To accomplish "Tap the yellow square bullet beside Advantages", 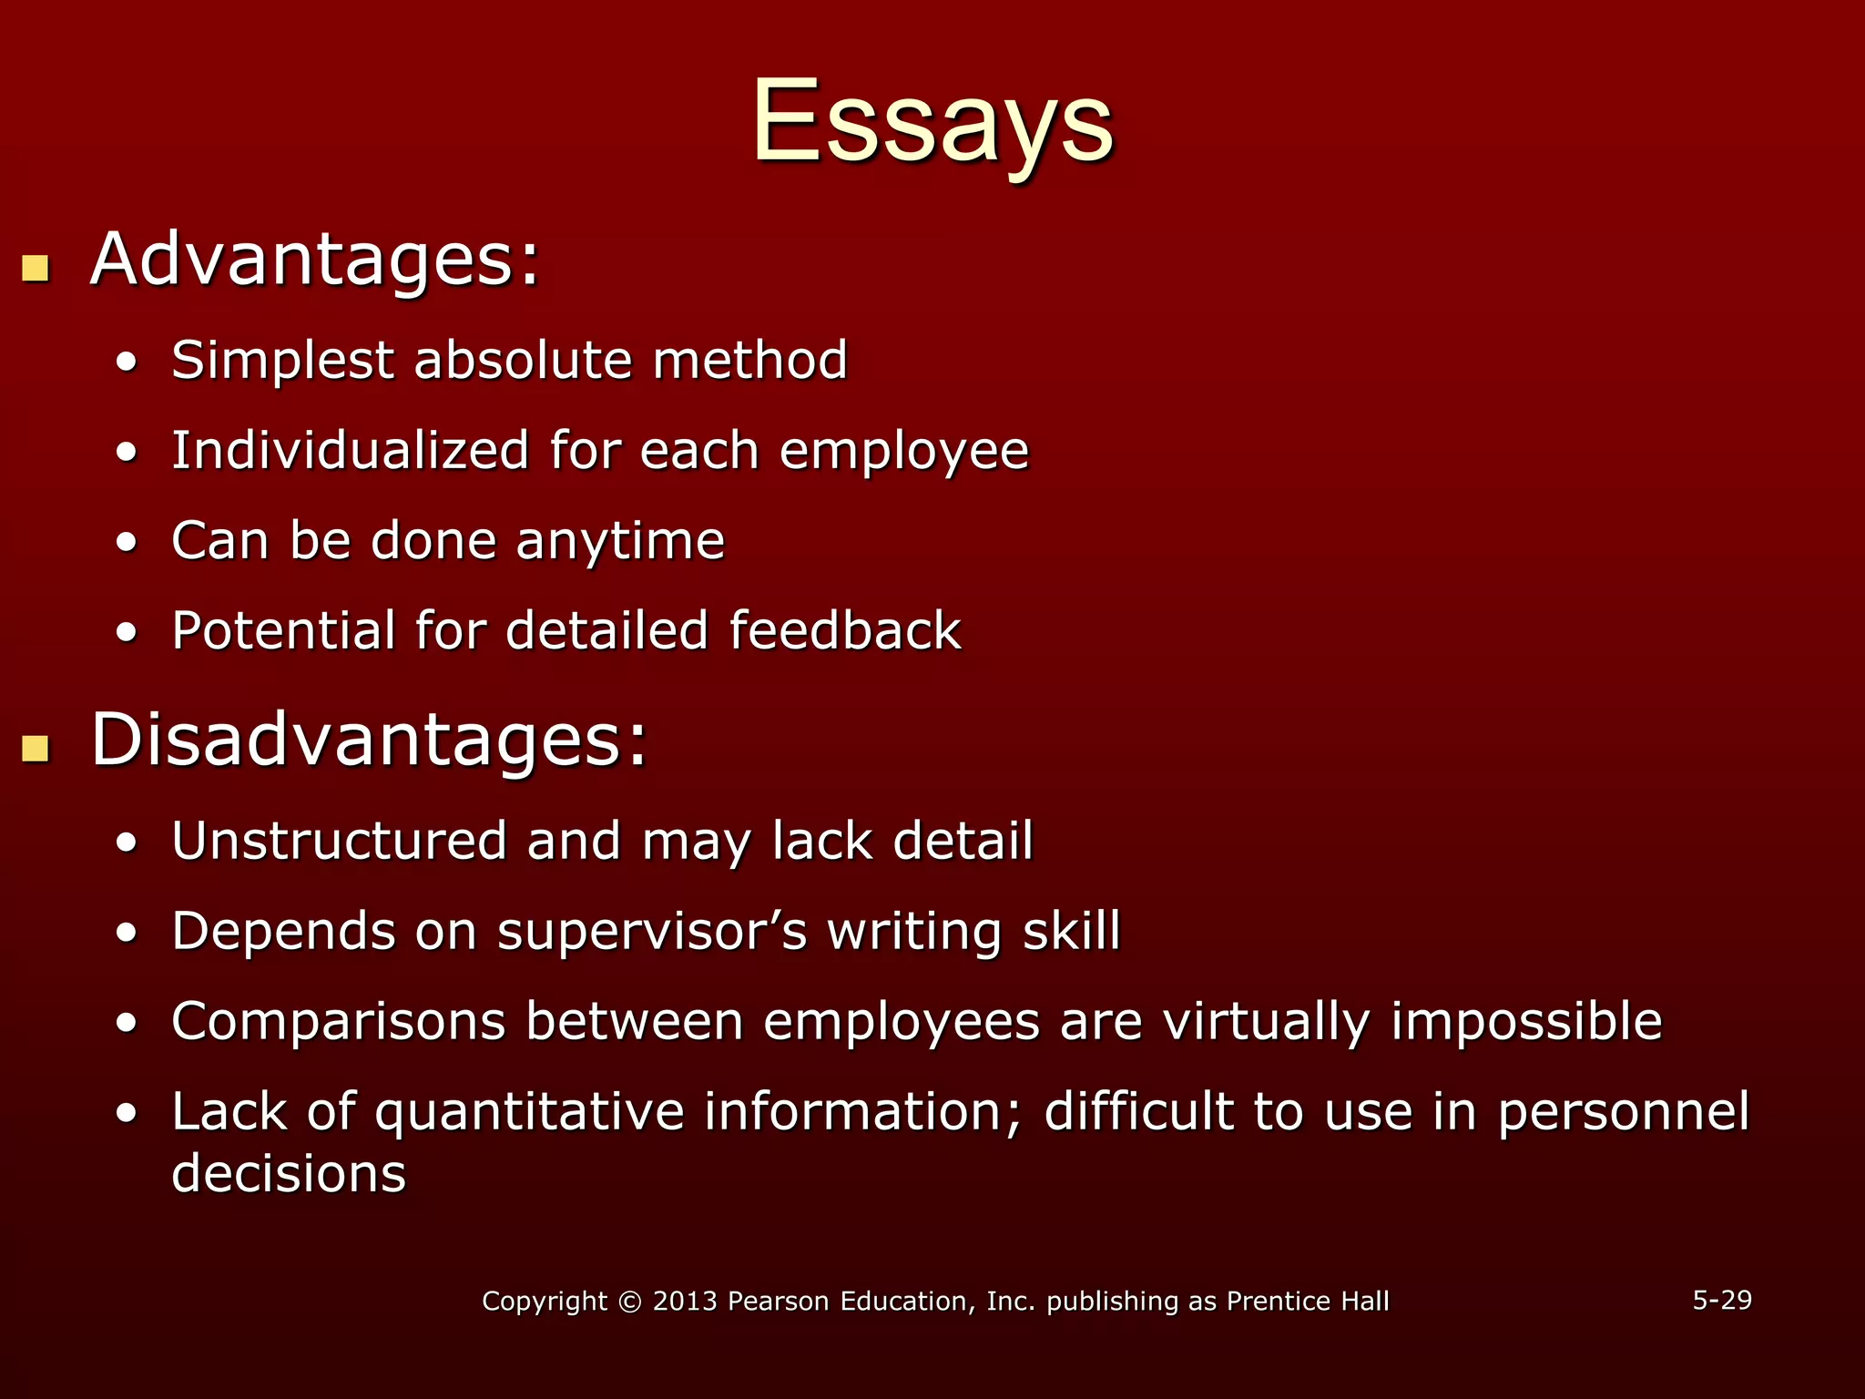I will [36, 268].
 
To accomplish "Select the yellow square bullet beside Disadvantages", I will [36, 748].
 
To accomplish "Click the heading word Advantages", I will [315, 260].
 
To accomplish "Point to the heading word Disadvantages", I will [369, 740].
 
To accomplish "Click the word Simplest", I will [282, 361].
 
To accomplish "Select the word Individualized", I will [350, 450].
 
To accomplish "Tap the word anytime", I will [620, 542].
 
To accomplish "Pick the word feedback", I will [844, 630].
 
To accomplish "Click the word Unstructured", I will [339, 840].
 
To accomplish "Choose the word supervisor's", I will [652, 932].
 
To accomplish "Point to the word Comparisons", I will [338, 1022].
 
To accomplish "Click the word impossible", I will [1526, 1022].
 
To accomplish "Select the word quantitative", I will [529, 1113].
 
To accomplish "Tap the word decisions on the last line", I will [289, 1173].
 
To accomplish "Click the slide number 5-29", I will [1721, 1300].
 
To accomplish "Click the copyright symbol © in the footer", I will [628, 1302].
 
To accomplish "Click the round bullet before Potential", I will [127, 632].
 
